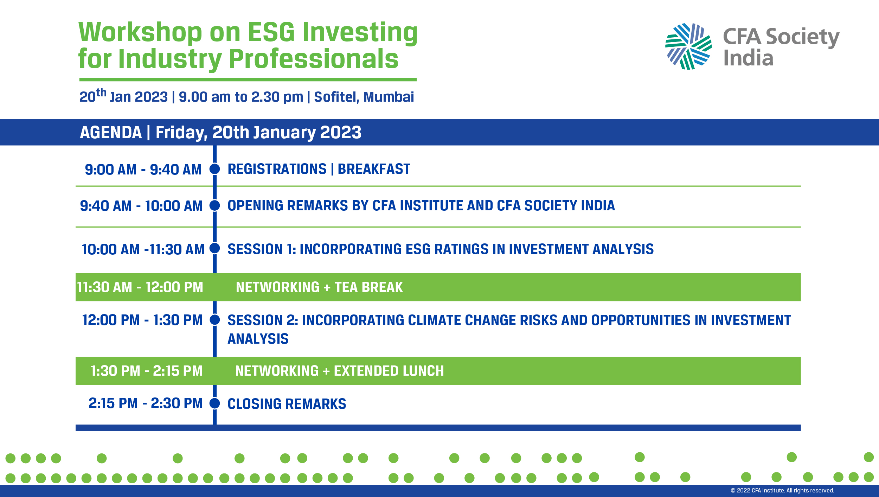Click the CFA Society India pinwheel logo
coord(688,46)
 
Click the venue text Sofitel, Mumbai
coord(364,97)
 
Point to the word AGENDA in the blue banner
coord(111,133)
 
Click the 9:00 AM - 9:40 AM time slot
coord(143,170)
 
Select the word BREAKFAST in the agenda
coord(374,169)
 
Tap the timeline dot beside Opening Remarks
coord(215,205)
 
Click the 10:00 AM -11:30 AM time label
coord(143,249)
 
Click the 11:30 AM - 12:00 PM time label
coord(140,287)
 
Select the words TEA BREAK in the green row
coord(368,287)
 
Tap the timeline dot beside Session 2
coord(215,320)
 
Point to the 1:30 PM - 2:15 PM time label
coord(146,371)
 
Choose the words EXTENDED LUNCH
coord(389,371)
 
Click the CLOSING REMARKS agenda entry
coord(287,404)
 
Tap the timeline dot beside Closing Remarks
coord(215,403)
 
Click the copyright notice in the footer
coord(782,490)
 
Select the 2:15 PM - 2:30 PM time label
coord(146,403)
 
